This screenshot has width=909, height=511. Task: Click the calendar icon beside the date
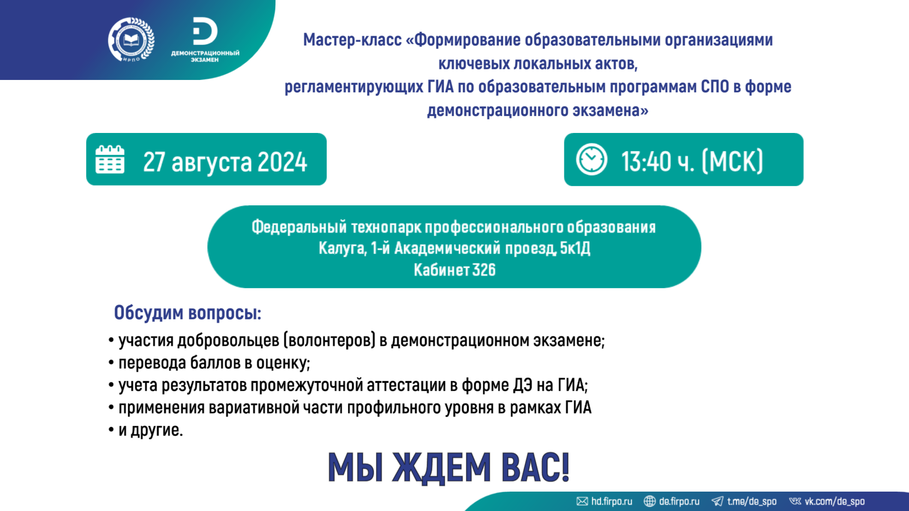[110, 159]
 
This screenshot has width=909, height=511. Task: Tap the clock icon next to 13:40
[592, 159]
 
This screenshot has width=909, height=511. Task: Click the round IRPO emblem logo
[131, 40]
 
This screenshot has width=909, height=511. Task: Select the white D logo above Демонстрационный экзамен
[205, 32]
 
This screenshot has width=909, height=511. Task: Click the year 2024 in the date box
[282, 162]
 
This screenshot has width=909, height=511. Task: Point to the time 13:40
[646, 161]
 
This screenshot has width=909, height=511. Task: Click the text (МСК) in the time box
[732, 161]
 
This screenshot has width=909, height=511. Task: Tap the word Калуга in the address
[342, 248]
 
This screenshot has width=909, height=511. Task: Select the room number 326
[484, 270]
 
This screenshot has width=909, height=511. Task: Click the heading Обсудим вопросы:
[187, 313]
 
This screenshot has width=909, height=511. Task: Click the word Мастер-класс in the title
[352, 40]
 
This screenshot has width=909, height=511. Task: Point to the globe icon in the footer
[650, 501]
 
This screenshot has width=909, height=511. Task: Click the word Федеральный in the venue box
[299, 227]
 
